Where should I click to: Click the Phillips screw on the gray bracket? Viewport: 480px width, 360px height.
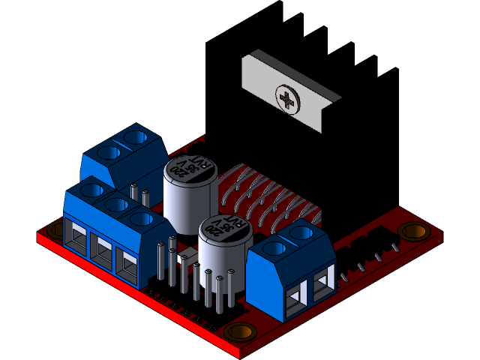pos(288,98)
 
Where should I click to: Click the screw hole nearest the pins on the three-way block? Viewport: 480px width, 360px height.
pos(139,218)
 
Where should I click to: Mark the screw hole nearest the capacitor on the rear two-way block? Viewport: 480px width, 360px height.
pos(136,137)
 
